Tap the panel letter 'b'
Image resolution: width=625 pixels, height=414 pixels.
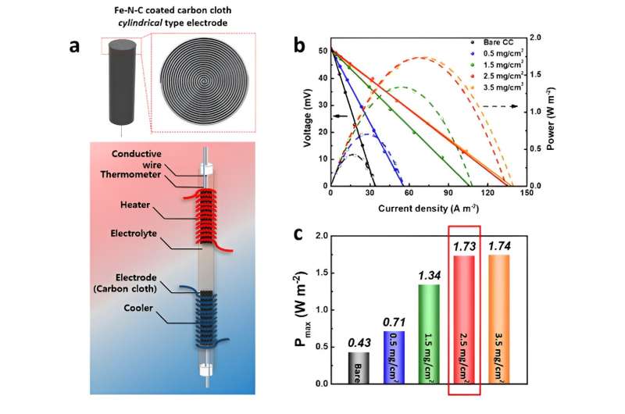coord(300,45)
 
